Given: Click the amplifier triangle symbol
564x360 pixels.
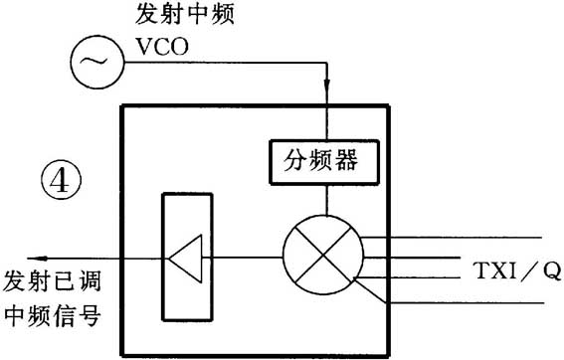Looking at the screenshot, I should [x=186, y=257].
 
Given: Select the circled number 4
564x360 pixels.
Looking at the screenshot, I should [x=59, y=184].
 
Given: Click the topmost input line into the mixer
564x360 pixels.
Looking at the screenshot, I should [x=448, y=238].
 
